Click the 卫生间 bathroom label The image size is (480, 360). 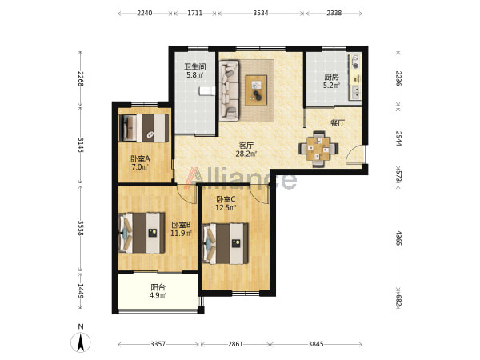[194, 66]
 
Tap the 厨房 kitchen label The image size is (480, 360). [331, 77]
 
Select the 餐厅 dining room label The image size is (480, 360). [338, 123]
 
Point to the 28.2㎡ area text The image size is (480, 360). [246, 154]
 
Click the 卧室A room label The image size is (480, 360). [140, 159]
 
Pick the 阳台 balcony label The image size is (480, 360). [158, 287]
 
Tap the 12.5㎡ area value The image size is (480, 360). [226, 208]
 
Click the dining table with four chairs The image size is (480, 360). [318, 149]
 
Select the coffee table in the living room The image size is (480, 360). [256, 90]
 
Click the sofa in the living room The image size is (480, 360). [229, 90]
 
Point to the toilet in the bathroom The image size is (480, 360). [207, 91]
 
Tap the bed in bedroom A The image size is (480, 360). [143, 128]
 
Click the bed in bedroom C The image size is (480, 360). [226, 243]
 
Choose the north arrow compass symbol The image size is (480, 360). [81, 342]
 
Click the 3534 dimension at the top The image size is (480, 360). [261, 13]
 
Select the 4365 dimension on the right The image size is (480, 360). [398, 238]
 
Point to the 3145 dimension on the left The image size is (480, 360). [81, 145]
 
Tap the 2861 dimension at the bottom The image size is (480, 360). [235, 344]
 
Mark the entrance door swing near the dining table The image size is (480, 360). [354, 154]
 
